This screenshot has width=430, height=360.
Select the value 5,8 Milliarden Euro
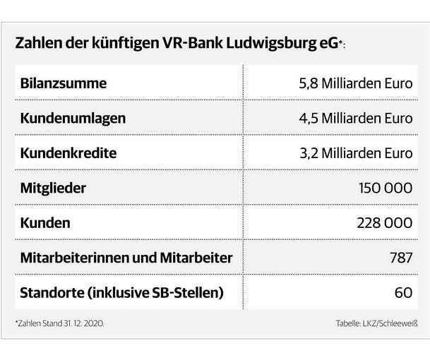(x=355, y=83)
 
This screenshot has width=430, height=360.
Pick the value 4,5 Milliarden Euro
(x=355, y=119)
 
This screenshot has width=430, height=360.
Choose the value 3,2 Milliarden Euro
(x=356, y=153)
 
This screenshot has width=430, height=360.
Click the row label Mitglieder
(x=54, y=188)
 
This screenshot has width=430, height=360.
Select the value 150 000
(x=386, y=188)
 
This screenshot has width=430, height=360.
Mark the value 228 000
(x=385, y=223)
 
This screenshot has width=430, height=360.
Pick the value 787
(x=400, y=258)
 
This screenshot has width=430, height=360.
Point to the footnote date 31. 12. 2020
(x=86, y=323)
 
